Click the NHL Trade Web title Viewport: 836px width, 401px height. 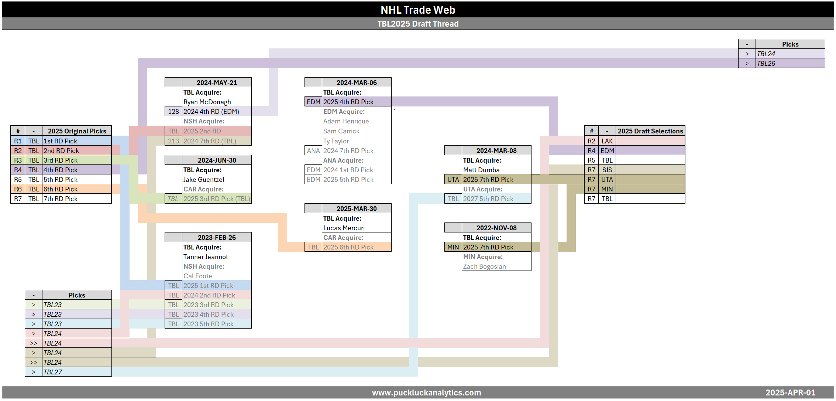(x=417, y=10)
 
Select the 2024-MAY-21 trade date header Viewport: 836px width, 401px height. (x=217, y=82)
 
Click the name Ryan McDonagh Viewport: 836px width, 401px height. (x=207, y=102)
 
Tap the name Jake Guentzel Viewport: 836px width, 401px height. (x=204, y=180)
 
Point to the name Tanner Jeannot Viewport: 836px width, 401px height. (x=206, y=257)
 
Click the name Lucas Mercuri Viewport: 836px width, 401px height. (x=344, y=228)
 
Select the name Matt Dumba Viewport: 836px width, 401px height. (x=481, y=170)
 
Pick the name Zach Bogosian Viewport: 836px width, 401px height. (x=484, y=266)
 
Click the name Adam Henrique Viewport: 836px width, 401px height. (x=346, y=121)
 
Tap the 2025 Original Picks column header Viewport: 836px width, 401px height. (x=77, y=131)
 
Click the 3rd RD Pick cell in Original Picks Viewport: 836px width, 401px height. (x=61, y=160)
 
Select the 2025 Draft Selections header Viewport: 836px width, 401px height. (x=650, y=131)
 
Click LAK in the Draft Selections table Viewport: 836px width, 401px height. (x=607, y=141)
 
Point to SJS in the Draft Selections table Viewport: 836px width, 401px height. (x=607, y=170)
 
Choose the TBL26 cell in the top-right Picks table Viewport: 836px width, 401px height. (x=766, y=64)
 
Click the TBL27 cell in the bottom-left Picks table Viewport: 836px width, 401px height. (x=53, y=372)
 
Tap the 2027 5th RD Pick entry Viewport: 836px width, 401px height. (x=488, y=199)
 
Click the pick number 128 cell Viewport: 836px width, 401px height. (x=173, y=112)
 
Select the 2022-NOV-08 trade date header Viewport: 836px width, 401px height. (x=496, y=228)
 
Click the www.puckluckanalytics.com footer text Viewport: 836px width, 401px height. (x=426, y=392)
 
